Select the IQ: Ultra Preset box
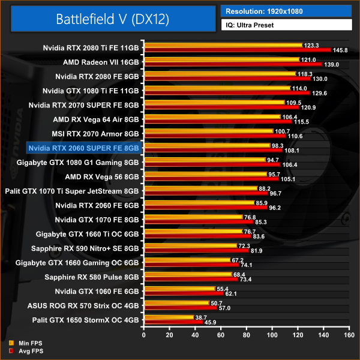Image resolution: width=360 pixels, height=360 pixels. pos(286,25)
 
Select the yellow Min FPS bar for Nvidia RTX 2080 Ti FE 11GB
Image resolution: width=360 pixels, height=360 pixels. pos(221,46)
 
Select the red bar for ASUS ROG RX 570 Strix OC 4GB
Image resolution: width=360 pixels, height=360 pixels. pos(179,308)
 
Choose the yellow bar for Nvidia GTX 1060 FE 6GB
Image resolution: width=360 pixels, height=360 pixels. pos(179,289)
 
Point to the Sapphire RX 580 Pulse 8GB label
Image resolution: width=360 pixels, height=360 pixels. pos(92,277)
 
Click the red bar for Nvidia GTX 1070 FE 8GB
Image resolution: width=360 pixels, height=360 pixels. pos(197,221)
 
